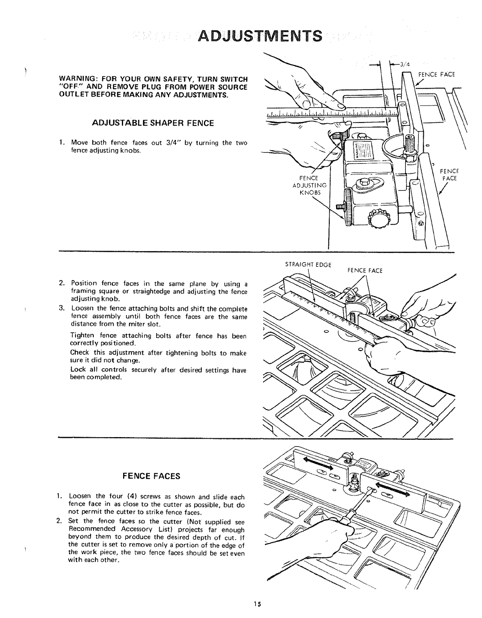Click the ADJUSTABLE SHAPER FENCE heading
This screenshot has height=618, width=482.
click(153, 123)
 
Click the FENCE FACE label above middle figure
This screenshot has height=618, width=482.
click(365, 270)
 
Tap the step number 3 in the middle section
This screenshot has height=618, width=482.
click(61, 308)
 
